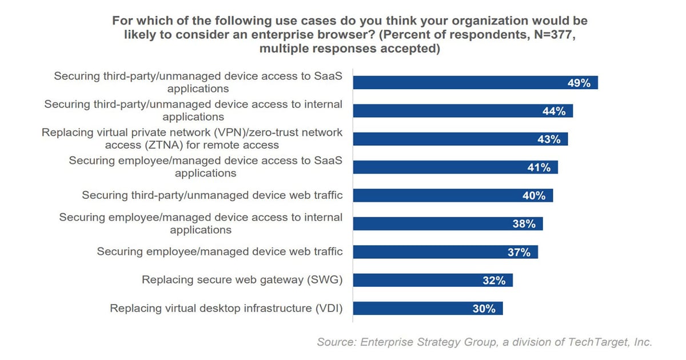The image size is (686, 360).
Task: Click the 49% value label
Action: tap(579, 83)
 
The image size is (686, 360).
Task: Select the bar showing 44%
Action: tap(462, 111)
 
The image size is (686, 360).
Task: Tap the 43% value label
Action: tap(549, 139)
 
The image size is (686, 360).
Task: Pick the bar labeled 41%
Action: tap(455, 167)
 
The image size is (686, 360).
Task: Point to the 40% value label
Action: tap(534, 195)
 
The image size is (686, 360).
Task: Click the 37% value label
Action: tap(519, 252)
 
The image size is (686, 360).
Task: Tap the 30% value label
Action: tap(484, 309)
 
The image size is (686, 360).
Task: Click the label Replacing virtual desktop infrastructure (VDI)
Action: tap(226, 309)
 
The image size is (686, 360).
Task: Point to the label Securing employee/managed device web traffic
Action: tap(220, 251)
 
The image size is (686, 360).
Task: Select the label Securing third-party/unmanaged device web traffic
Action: tap(212, 195)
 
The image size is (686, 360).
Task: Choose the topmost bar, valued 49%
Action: tap(475, 83)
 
